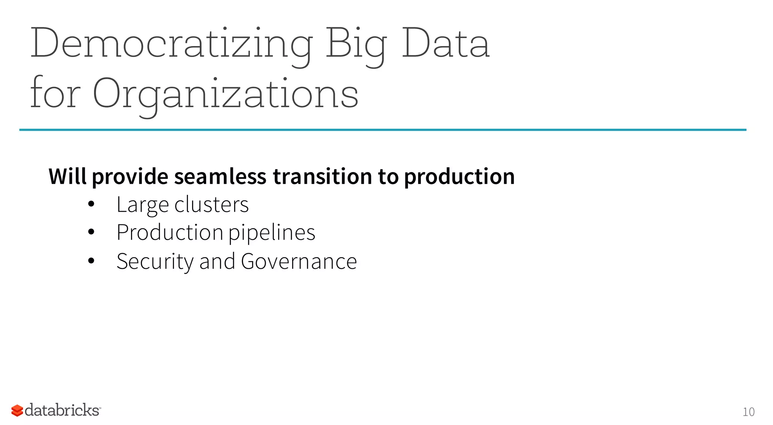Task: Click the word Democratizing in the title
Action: pos(172,44)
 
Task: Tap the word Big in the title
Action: pos(356,44)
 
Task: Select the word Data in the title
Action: pos(445,44)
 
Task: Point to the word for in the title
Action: pos(55,94)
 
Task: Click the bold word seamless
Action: pos(220,177)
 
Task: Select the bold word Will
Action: pos(68,177)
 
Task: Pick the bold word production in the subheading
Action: pos(459,177)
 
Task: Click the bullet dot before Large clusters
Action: pos(91,204)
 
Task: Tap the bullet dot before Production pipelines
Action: pos(91,232)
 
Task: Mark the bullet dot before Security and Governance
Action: pos(91,261)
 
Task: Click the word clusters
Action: pos(211,205)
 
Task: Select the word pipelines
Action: pos(272,233)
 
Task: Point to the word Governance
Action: pos(299,261)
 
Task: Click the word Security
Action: pos(155,261)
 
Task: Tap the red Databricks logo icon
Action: pos(17,410)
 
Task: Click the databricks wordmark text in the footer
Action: pos(62,410)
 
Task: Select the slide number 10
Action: pos(748,412)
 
